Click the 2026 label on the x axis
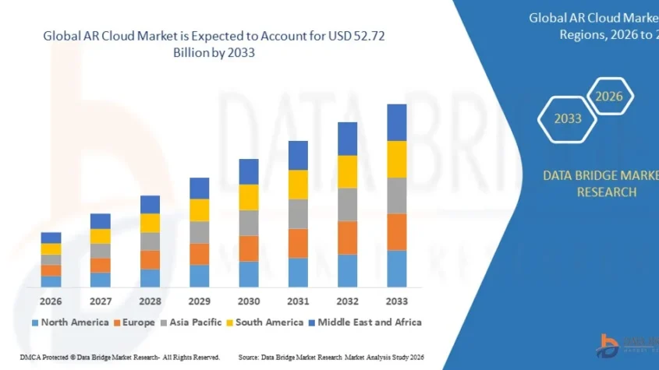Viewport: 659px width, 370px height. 51,301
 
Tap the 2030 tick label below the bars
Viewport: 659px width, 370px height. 248,301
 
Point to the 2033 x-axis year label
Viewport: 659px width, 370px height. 396,301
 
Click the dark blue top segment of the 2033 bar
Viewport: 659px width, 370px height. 397,122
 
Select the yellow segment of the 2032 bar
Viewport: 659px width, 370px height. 347,171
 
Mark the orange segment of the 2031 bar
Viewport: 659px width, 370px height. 298,243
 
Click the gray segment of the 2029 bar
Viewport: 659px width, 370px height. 199,232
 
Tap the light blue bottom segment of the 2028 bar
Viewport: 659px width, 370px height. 150,278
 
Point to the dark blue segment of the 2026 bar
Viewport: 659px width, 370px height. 51,238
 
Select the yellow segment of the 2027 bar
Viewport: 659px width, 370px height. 100,236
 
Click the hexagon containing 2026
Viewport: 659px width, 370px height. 610,97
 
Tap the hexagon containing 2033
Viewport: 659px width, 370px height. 568,119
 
